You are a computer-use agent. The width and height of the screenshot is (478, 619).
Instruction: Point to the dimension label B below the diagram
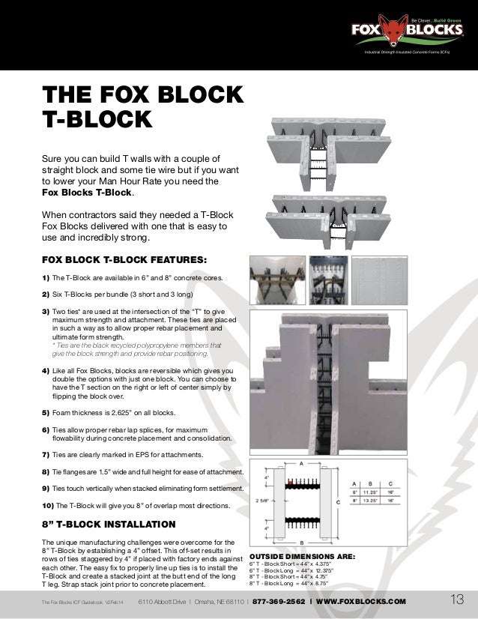pos(301,541)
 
